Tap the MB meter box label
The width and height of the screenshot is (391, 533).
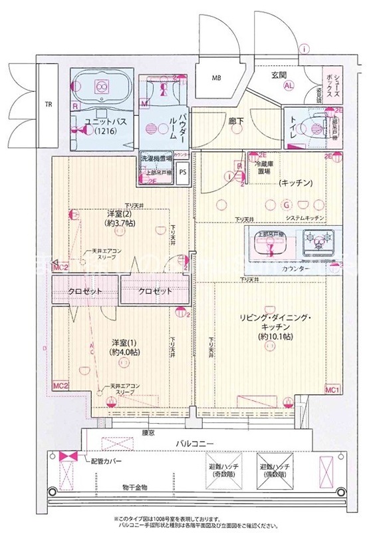[x=216, y=78]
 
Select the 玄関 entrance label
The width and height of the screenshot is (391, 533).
[x=278, y=75]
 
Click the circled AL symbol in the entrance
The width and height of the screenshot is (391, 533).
[x=289, y=87]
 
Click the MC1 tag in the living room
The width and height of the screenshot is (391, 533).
[x=332, y=389]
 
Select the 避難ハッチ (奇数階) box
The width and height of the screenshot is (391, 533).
[x=225, y=470]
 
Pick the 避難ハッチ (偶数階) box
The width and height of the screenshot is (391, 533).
[x=273, y=470]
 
